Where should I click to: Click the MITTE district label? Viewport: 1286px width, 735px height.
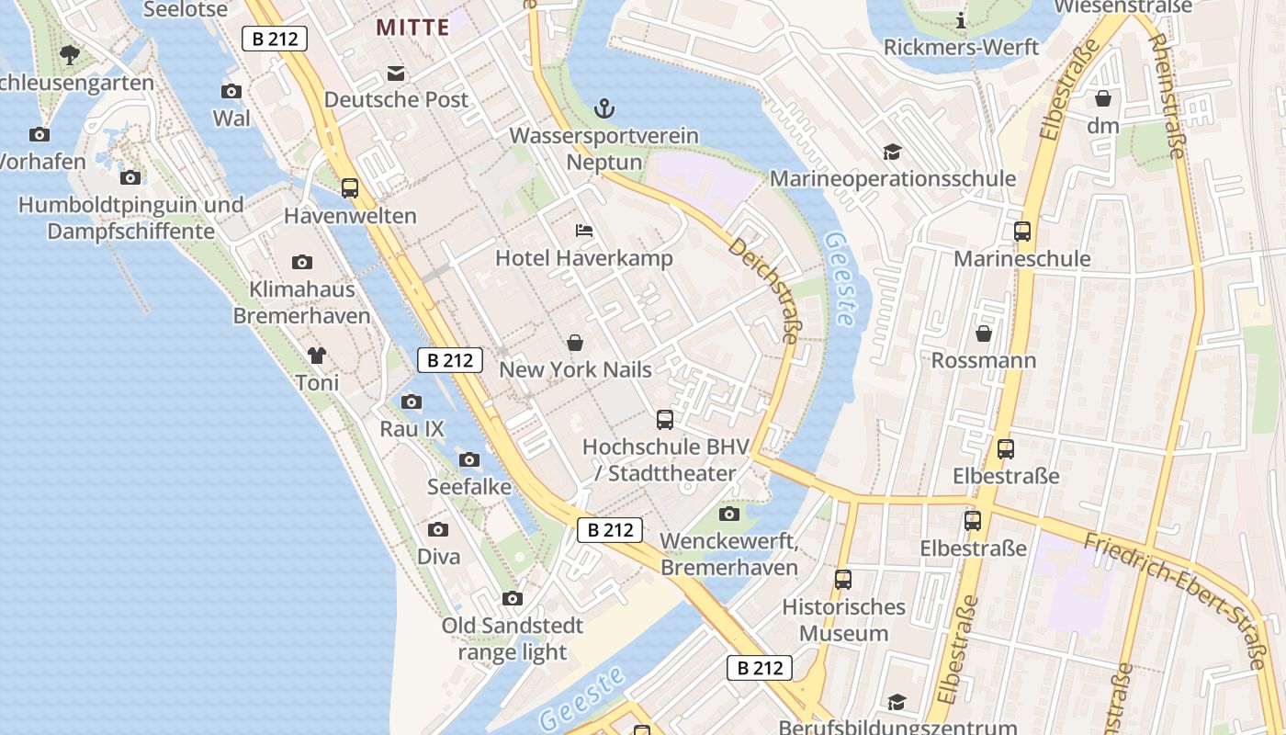point(412,27)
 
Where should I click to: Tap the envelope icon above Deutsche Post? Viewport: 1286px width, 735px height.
point(396,73)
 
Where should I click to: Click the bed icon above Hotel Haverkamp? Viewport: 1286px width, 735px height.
point(584,231)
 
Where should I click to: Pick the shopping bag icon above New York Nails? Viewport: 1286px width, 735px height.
point(575,343)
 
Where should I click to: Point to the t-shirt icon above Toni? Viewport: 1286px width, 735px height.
point(317,355)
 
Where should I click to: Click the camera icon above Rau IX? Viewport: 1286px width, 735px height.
point(412,401)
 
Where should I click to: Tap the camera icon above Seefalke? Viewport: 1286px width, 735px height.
point(469,459)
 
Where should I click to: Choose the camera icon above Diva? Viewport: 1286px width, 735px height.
point(438,529)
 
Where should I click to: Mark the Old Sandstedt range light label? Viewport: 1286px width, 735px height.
point(512,639)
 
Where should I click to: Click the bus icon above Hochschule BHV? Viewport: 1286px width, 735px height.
point(665,420)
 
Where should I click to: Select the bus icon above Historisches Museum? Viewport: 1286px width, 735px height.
point(843,580)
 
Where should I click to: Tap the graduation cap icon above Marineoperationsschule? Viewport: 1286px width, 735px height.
point(892,152)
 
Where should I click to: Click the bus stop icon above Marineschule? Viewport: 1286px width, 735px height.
point(1022,232)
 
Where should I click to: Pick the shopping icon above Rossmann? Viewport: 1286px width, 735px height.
point(984,333)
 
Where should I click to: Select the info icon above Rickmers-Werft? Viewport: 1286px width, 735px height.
point(961,20)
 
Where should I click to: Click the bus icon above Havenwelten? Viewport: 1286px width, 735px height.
point(350,188)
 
